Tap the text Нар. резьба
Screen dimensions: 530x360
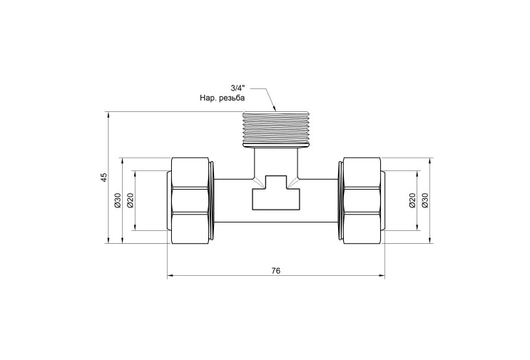coord(222,98)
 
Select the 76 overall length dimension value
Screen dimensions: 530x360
coord(276,270)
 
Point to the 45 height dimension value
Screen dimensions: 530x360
coord(104,178)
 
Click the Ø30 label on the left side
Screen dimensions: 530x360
coord(118,200)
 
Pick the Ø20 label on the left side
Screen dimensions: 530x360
coord(131,200)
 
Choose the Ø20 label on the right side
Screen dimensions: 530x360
coord(412,200)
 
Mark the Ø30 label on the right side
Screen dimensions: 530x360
coord(425,200)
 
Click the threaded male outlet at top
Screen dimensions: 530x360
coord(276,128)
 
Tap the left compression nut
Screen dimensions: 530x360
coord(190,200)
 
